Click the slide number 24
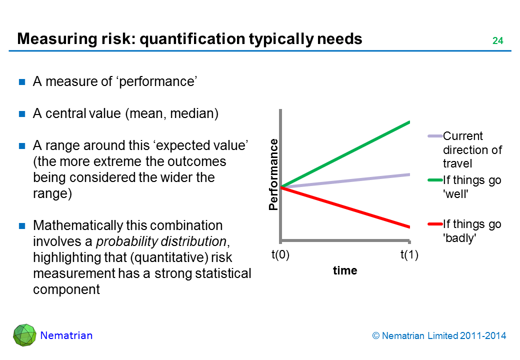click(x=497, y=41)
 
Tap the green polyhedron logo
click(x=24, y=335)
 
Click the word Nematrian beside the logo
click(x=66, y=335)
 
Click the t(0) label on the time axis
click(x=280, y=255)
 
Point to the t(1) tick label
click(x=409, y=255)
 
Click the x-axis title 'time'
click(x=345, y=270)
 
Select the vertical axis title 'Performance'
click(x=273, y=174)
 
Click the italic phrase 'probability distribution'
click(x=161, y=241)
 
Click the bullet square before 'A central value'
click(x=22, y=114)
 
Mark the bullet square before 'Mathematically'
click(x=22, y=226)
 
